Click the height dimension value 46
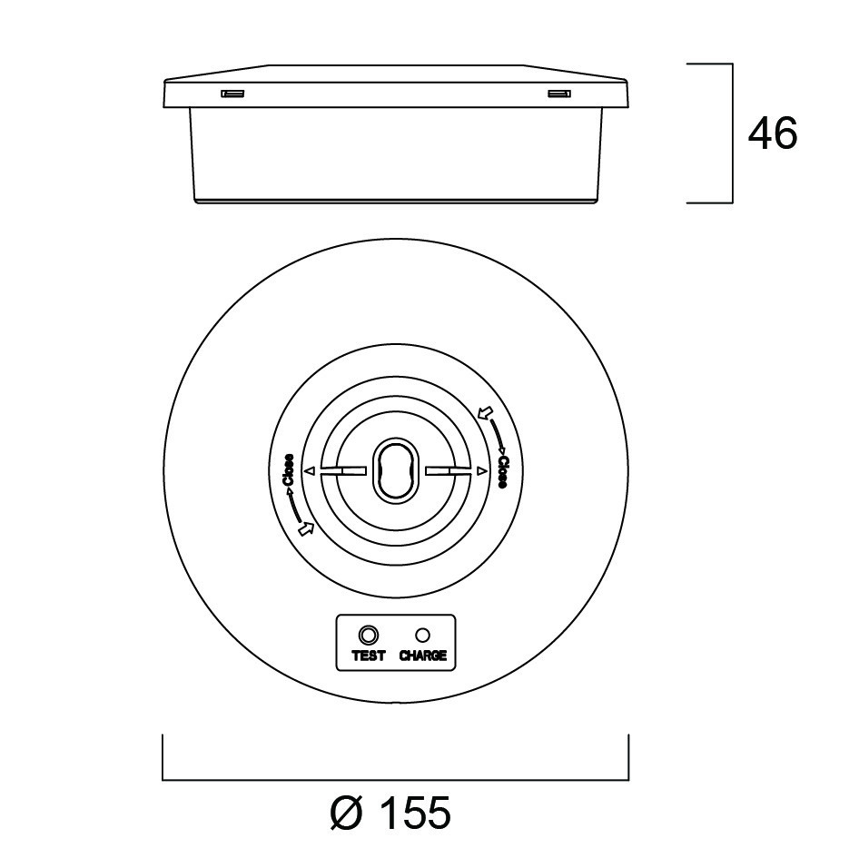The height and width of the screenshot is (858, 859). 773,133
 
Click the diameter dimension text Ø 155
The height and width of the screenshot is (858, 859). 390,813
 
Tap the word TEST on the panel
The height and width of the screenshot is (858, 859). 368,656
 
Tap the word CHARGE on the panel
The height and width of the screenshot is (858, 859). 423,656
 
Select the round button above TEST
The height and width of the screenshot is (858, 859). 368,636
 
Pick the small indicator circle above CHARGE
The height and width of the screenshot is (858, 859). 422,635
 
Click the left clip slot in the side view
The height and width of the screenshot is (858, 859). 232,94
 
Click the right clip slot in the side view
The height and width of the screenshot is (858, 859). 559,94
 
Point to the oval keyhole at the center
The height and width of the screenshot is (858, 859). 396,470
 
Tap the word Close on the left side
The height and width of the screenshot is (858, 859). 288,470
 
